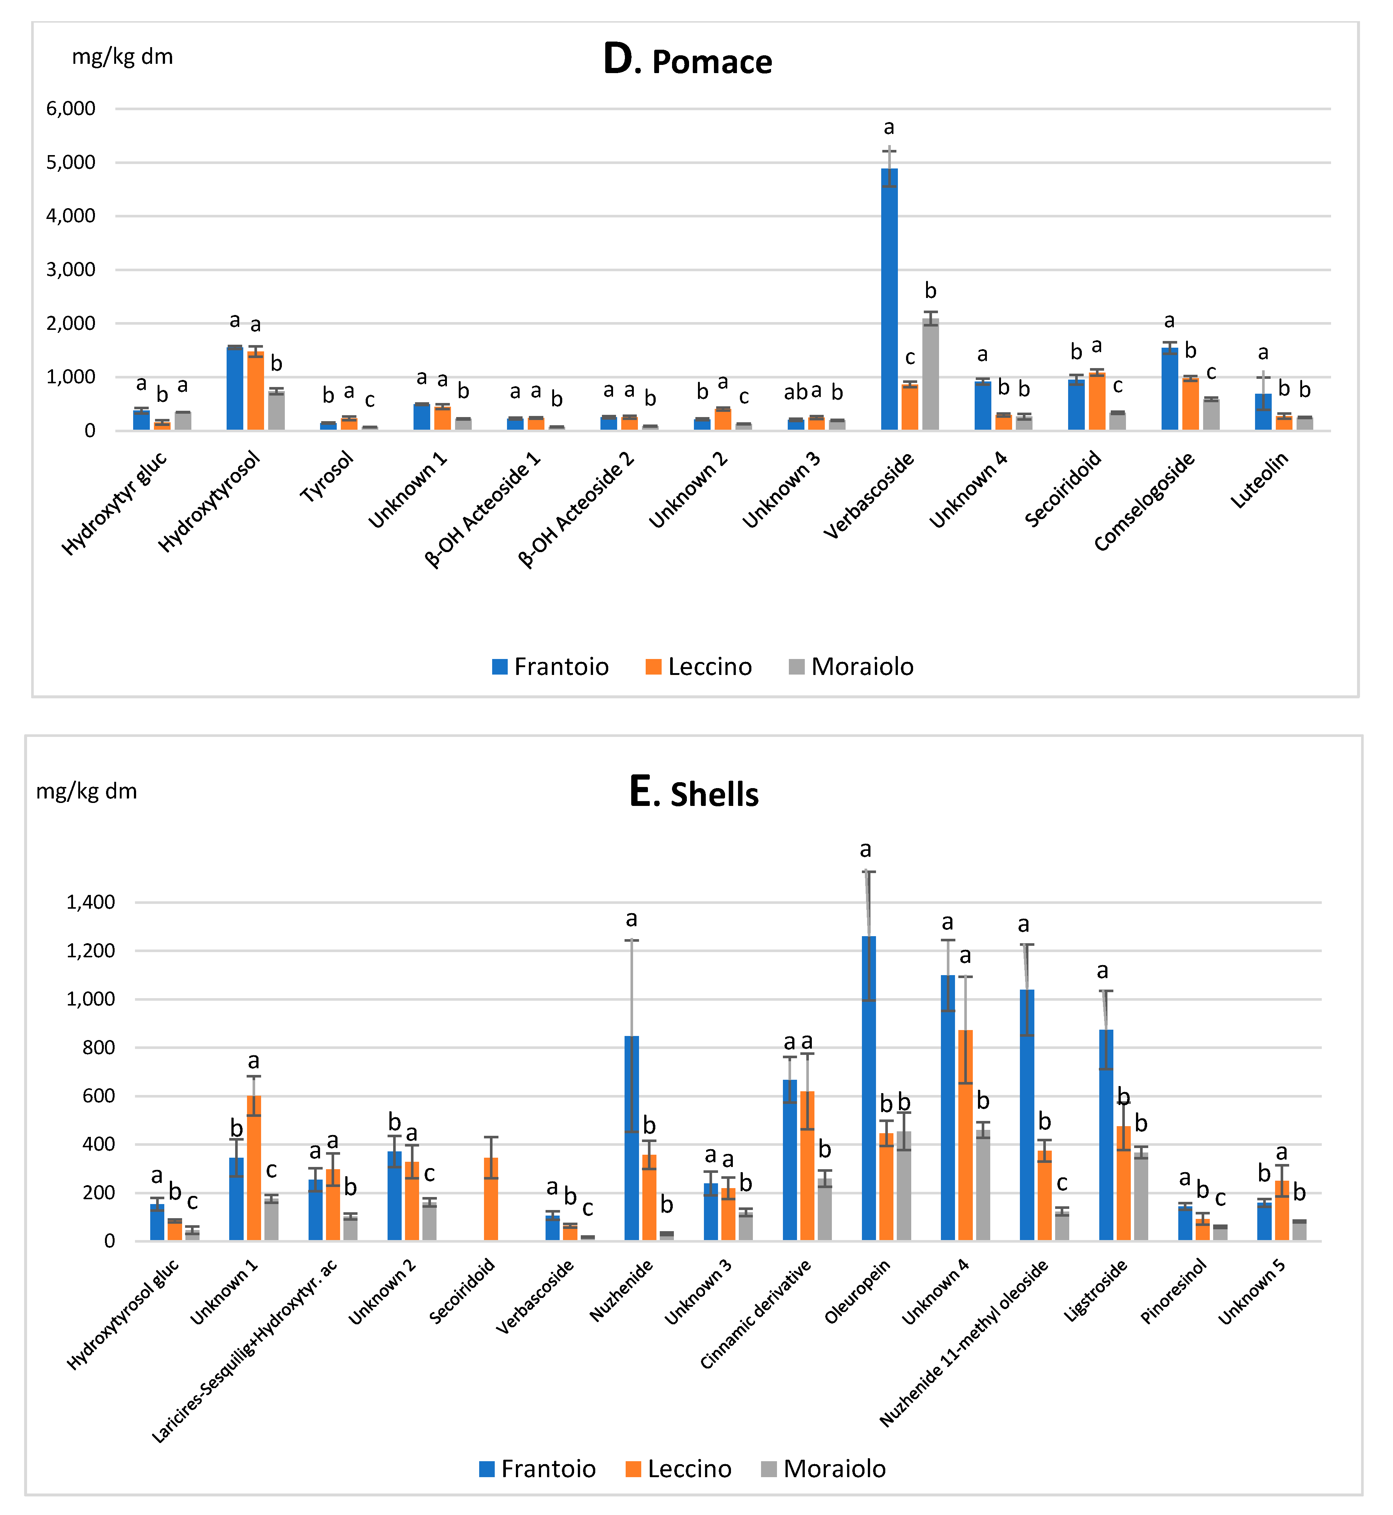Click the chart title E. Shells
pyautogui.click(x=694, y=793)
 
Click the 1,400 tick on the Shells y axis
pyautogui.click(x=90, y=902)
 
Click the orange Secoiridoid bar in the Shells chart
pyautogui.click(x=491, y=1199)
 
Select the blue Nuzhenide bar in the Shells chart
pyautogui.click(x=632, y=1139)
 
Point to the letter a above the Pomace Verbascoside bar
pyautogui.click(x=889, y=127)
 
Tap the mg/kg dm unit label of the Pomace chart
pyautogui.click(x=122, y=56)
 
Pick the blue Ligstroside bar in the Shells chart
pyautogui.click(x=1106, y=1135)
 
